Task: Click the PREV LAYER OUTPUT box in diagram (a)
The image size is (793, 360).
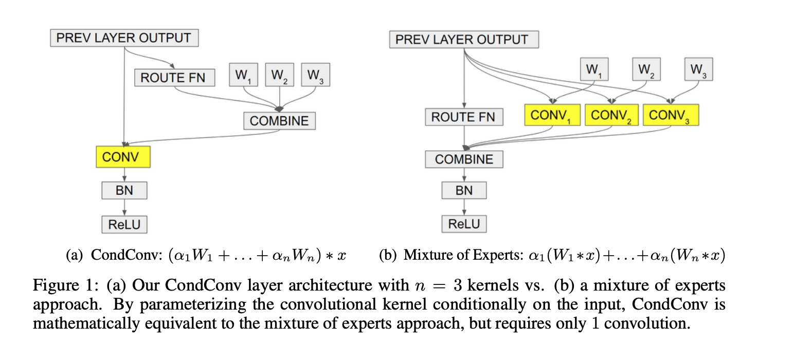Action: coord(124,39)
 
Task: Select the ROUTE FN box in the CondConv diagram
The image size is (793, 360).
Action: coord(174,78)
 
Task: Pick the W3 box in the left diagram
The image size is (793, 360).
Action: coord(315,75)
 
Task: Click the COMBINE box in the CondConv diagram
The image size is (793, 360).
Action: coord(279,121)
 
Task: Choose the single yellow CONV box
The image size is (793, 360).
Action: coord(123,157)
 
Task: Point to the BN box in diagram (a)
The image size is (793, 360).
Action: coord(124,190)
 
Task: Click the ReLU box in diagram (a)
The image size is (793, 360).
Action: coord(124,224)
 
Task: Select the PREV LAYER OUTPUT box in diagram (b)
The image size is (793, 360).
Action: coord(464,40)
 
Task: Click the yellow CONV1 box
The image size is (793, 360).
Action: coord(552,115)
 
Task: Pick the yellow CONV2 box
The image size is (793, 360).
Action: coord(611,115)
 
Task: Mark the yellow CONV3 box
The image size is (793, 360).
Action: coord(671,115)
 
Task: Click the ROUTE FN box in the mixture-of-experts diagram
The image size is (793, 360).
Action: coord(463,117)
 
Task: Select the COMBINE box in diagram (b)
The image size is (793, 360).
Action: coord(464,159)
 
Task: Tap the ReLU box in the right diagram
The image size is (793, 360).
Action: coord(464,224)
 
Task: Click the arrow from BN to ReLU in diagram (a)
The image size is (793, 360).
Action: coord(124,207)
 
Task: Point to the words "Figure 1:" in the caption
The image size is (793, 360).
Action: coord(66,286)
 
